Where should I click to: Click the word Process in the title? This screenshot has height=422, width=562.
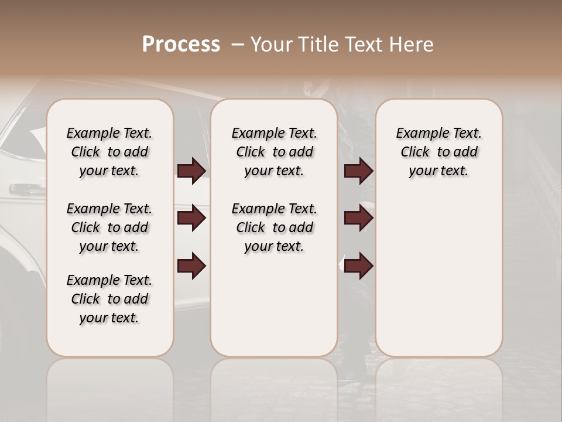click(181, 45)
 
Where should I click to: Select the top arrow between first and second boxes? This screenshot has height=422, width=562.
click(191, 171)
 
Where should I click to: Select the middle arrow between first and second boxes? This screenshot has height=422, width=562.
click(191, 218)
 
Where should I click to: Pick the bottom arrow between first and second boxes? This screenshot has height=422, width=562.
click(191, 266)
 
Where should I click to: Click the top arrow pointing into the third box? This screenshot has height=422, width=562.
click(358, 171)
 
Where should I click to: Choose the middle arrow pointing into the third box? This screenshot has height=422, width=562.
click(358, 218)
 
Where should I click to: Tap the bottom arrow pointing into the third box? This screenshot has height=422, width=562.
click(358, 266)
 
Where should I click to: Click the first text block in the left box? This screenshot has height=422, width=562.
click(109, 152)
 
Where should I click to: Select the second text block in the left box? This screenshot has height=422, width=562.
click(109, 227)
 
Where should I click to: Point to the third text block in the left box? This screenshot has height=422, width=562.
click(109, 299)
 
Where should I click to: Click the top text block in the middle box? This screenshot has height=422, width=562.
click(274, 152)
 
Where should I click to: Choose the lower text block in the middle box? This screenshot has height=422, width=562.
click(274, 227)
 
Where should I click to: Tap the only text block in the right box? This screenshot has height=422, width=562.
click(438, 152)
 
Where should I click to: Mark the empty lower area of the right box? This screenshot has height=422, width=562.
click(438, 275)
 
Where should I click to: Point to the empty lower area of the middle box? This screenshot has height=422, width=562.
click(274, 305)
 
